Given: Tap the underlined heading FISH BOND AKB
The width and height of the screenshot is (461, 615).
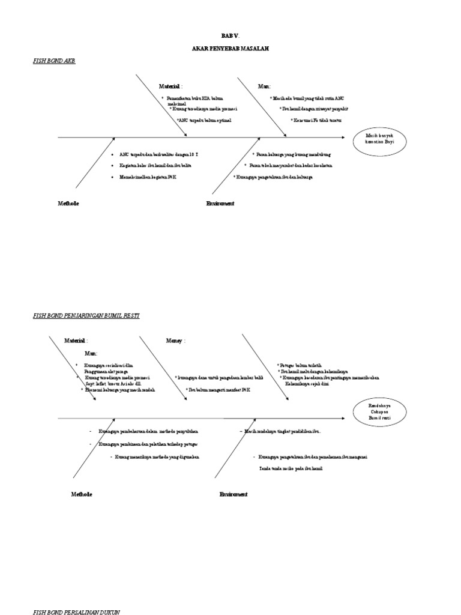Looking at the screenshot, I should point(54,61).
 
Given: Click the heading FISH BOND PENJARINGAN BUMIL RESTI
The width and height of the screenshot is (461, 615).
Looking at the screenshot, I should point(86,315).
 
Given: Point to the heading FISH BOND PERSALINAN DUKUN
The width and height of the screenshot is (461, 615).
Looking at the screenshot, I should point(76,611).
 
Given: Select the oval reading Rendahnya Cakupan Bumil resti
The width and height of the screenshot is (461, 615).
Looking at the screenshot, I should point(379,411).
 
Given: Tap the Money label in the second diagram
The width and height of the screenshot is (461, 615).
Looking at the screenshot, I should point(175,341).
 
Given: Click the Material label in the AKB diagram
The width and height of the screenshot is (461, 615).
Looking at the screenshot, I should point(170,86).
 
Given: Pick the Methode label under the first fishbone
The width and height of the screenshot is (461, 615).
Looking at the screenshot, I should point(68,204).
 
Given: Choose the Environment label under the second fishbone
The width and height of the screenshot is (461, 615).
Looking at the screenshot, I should point(233,494).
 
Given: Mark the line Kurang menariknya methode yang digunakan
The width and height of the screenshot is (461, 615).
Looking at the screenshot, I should point(155,457).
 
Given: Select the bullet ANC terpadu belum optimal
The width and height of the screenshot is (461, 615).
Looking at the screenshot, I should point(204,120).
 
